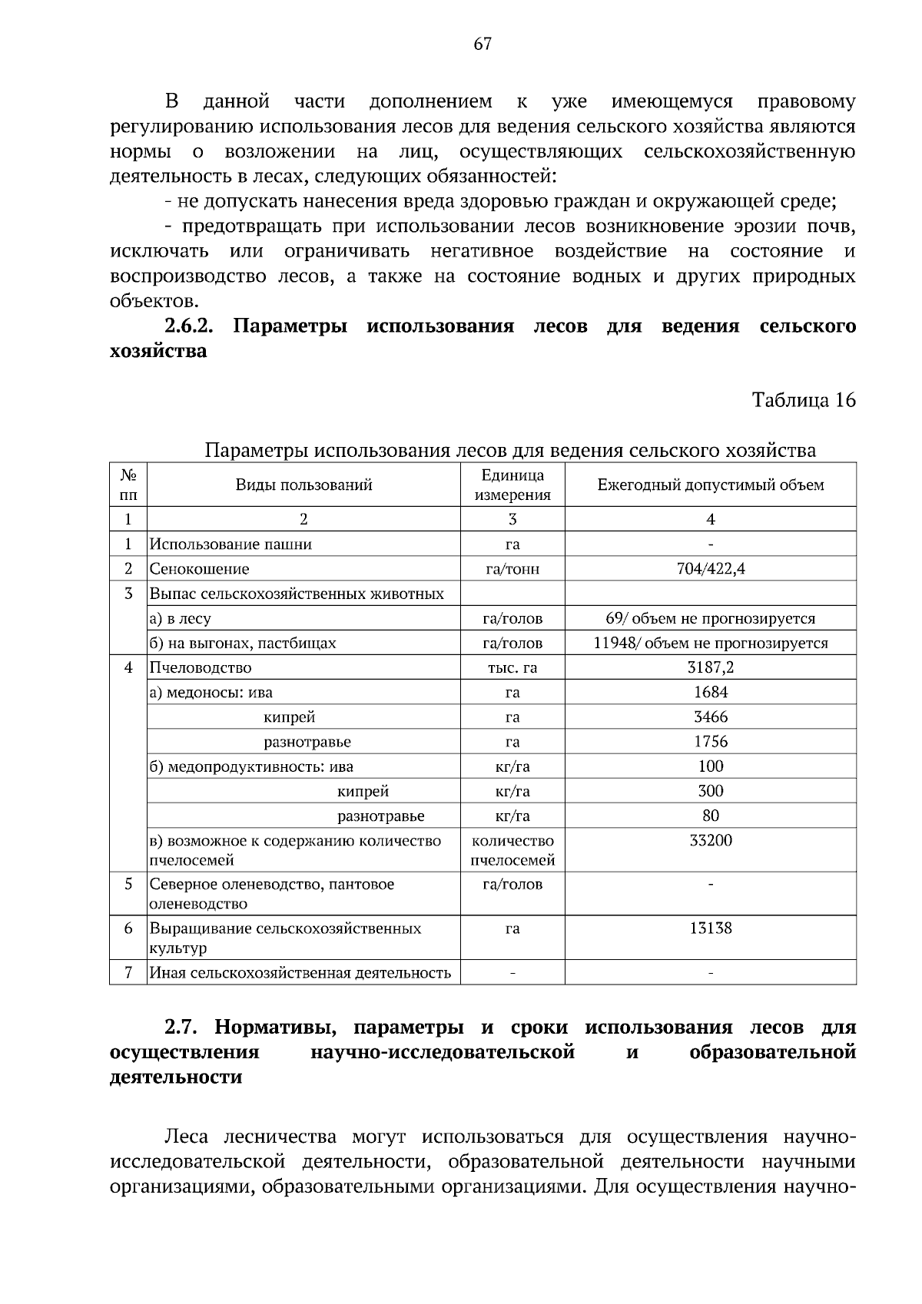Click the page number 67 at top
click(482, 45)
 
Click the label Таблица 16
click(803, 400)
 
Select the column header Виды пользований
click(303, 485)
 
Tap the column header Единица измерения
click(512, 485)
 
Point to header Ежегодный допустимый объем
click(711, 485)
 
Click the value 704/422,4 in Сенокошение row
click(711, 569)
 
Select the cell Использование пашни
click(230, 544)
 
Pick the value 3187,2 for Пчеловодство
click(711, 667)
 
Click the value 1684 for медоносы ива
click(711, 692)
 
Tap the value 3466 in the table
click(711, 717)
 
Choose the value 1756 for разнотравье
click(711, 741)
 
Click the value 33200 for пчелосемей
click(711, 840)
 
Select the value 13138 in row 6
click(711, 928)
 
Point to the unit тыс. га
click(512, 667)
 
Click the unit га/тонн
click(512, 569)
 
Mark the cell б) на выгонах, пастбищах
click(243, 643)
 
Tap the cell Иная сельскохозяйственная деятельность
click(300, 973)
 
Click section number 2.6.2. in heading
click(188, 326)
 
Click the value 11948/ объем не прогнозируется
click(711, 643)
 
